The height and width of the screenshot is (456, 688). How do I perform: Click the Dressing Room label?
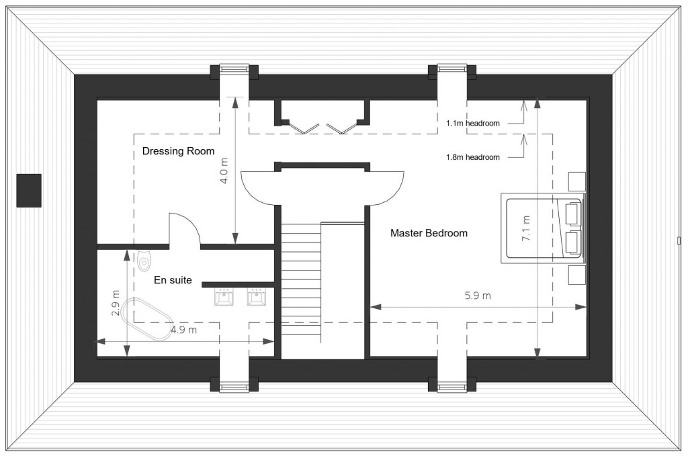pyautogui.click(x=178, y=151)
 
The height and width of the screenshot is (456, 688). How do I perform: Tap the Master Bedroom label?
pyautogui.click(x=429, y=233)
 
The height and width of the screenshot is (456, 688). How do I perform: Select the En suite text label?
pyautogui.click(x=173, y=280)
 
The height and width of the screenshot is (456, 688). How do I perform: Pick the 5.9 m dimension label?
pyautogui.click(x=478, y=295)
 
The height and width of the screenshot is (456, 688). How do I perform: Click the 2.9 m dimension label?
pyautogui.click(x=116, y=303)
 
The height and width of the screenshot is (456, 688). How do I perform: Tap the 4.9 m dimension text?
pyautogui.click(x=183, y=330)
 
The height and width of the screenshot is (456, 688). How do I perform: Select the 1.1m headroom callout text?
pyautogui.click(x=473, y=123)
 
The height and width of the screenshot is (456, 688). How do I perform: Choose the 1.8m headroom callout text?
pyautogui.click(x=473, y=157)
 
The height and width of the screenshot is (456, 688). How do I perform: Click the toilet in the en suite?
pyautogui.click(x=144, y=261)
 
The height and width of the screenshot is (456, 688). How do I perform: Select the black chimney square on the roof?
pyautogui.click(x=29, y=190)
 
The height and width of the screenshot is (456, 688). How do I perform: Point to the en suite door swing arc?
pyautogui.click(x=185, y=228)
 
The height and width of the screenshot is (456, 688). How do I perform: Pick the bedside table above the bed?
pyautogui.click(x=576, y=181)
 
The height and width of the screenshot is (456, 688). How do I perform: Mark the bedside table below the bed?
pyautogui.click(x=576, y=275)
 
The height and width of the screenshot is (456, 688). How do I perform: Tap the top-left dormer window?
pyautogui.click(x=234, y=69)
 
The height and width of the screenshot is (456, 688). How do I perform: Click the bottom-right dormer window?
pyautogui.click(x=452, y=386)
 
